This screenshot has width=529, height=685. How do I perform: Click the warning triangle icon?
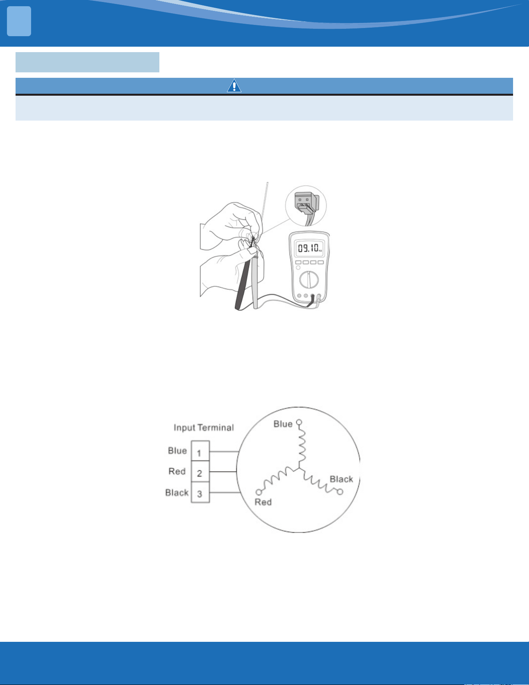234,86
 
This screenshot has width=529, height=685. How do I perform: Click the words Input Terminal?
204,427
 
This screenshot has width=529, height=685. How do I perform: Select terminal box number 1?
200,451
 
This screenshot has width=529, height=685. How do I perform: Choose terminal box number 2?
200,472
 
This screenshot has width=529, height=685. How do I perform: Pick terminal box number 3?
200,492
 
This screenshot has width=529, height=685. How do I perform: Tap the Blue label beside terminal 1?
177,450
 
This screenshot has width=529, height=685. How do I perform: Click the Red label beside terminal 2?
177,471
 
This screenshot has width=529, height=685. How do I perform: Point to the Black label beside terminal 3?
177,492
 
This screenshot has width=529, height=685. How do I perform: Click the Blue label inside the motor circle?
283,424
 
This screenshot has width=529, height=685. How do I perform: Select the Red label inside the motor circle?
263,502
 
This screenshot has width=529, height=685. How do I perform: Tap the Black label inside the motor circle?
341,479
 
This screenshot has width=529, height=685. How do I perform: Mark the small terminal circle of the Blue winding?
299,422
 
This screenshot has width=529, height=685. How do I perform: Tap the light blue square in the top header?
19,21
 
